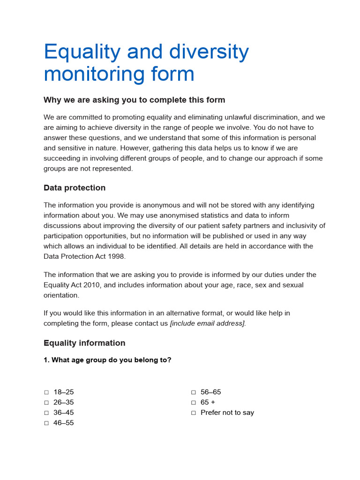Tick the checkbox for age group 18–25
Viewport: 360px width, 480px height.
[46, 392]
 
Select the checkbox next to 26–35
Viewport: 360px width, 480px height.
[46, 403]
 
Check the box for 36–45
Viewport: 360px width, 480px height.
[46, 413]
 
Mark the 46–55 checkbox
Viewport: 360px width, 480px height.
[46, 423]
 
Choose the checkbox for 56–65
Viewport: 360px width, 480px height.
[193, 392]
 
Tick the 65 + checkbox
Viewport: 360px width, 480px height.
[193, 403]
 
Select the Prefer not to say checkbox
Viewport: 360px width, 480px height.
[193, 413]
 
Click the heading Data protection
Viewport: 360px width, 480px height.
[75, 188]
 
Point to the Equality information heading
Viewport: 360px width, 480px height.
[84, 343]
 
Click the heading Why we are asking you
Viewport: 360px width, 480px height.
[134, 100]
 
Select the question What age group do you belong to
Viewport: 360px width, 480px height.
[111, 360]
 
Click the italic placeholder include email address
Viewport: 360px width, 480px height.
[207, 323]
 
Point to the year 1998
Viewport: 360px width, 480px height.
[117, 256]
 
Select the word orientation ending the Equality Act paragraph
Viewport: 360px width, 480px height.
[61, 295]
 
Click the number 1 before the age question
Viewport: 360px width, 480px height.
[46, 360]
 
